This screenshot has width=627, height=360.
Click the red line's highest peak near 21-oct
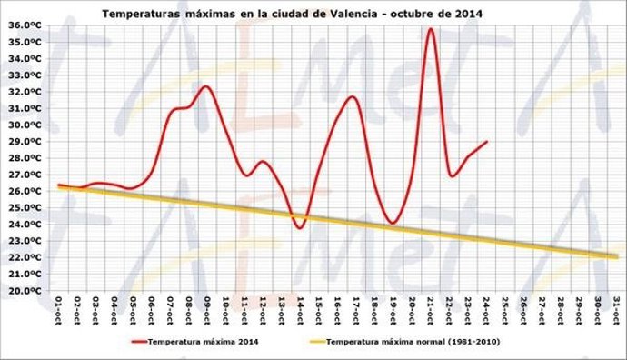point(431,29)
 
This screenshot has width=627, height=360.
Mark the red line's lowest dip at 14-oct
point(299,227)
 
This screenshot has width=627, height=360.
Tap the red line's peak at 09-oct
point(205,86)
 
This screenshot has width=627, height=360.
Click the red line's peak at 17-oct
point(353,96)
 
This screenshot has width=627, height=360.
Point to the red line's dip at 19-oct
point(393,223)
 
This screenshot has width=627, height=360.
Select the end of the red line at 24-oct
point(487,141)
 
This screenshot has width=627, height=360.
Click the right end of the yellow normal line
point(617,256)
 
